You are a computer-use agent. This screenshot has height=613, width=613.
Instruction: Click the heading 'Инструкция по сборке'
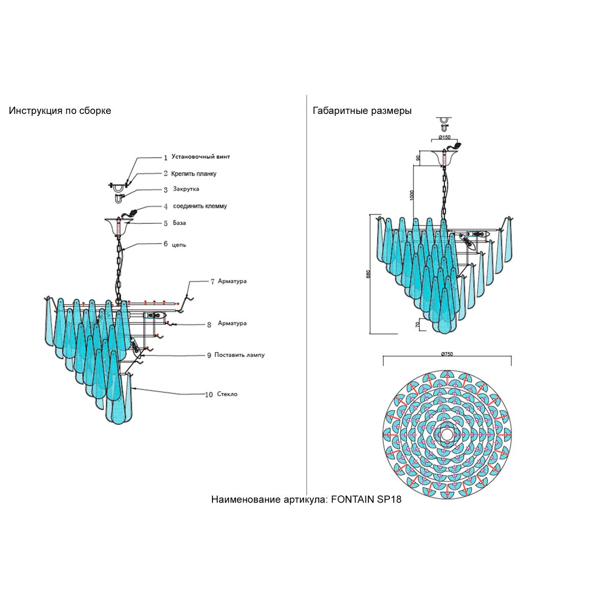pos(60,111)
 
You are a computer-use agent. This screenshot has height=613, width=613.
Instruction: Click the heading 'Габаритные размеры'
pos(362,111)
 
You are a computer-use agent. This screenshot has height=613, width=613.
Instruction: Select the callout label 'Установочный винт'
pos(201,157)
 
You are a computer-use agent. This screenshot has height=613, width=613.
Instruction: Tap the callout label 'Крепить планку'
pos(194,174)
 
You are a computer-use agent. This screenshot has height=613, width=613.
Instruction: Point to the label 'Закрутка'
pos(186,189)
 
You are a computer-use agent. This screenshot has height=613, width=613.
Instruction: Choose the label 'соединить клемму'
pos(200,206)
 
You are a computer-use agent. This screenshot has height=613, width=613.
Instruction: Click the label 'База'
pos(179,223)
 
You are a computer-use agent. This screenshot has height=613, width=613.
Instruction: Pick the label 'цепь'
pos(179,245)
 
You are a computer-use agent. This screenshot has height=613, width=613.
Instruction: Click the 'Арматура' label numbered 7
pos(232,281)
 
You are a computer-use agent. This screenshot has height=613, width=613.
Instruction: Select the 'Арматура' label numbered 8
pos(232,323)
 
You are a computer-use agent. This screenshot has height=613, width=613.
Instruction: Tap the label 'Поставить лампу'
pos(239,355)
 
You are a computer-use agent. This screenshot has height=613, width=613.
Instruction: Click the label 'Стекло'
pos(227,394)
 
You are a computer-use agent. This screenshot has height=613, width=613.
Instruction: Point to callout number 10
pos(208,395)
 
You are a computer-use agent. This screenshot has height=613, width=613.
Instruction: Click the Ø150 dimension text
pos(444,137)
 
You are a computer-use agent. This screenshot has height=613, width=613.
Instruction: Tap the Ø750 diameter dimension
pos(447,355)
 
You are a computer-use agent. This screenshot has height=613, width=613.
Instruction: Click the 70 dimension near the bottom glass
pos(418,324)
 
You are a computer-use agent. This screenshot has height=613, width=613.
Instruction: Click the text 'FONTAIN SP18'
pos(366,500)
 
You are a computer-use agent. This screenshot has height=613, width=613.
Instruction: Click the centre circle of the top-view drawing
pos(447,435)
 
